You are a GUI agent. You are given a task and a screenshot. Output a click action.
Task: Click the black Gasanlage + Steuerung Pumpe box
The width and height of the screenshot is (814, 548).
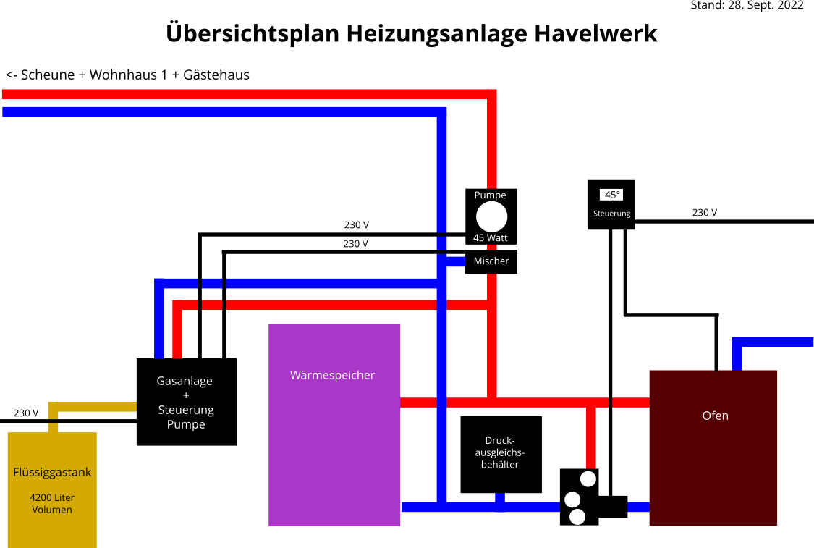186,402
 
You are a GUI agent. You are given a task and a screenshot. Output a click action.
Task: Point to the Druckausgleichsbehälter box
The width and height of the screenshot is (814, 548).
501,454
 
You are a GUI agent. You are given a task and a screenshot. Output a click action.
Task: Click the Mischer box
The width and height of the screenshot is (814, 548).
491,261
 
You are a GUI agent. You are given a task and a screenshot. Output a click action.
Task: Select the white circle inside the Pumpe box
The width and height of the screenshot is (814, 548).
491,217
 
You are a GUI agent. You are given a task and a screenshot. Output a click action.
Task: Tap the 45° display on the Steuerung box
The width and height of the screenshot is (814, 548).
612,195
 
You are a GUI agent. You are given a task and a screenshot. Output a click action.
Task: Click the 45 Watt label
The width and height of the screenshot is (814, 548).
491,237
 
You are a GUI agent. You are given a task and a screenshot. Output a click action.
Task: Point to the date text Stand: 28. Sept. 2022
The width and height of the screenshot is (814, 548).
747,6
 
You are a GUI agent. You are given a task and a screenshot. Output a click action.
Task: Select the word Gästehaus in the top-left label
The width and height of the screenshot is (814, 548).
216,75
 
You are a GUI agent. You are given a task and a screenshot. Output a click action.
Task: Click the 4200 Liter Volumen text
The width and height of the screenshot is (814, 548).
52,504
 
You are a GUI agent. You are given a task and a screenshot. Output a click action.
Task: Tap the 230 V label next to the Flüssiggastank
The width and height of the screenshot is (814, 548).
26,413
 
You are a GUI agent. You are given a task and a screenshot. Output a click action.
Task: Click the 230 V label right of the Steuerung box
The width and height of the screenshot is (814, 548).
704,213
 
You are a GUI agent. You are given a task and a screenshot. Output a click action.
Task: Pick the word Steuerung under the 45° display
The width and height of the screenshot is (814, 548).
612,214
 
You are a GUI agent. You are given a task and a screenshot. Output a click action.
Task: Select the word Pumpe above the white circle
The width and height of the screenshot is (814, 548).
490,195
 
